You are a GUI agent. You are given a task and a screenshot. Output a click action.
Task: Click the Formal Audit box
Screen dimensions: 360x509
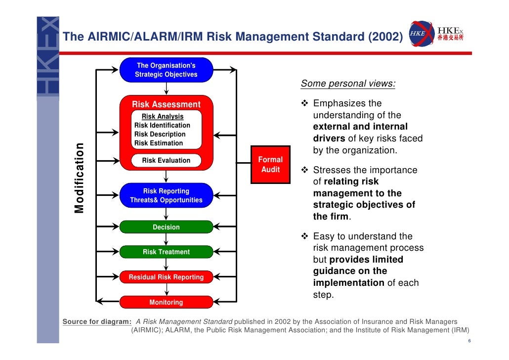coord(270,165)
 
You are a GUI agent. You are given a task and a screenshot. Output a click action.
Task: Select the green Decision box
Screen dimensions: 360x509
coord(166,227)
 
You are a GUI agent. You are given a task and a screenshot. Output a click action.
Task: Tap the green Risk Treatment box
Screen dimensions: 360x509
coord(166,252)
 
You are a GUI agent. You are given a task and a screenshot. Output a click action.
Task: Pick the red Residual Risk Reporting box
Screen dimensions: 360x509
coord(166,277)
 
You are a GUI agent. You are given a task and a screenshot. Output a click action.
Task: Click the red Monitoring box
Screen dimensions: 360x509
coord(166,302)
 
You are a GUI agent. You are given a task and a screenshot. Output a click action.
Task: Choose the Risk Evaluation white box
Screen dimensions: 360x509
coord(166,160)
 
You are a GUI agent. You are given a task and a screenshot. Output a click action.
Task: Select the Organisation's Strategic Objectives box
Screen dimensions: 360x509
coord(166,70)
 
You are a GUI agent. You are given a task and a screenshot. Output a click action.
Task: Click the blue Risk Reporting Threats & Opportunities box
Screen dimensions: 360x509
coord(166,195)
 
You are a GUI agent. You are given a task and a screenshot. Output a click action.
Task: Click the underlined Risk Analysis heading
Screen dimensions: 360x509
coord(163,117)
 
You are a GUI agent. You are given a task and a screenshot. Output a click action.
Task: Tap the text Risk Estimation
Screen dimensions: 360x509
coord(158,143)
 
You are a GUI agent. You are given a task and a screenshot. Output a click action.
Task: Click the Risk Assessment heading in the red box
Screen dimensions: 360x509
coord(166,104)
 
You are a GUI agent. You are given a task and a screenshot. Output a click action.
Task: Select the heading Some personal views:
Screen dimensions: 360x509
coord(348,84)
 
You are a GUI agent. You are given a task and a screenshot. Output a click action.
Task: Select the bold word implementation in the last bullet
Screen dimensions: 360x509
coord(348,283)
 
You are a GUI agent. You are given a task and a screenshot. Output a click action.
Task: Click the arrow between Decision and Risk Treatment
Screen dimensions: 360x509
coord(166,239)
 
